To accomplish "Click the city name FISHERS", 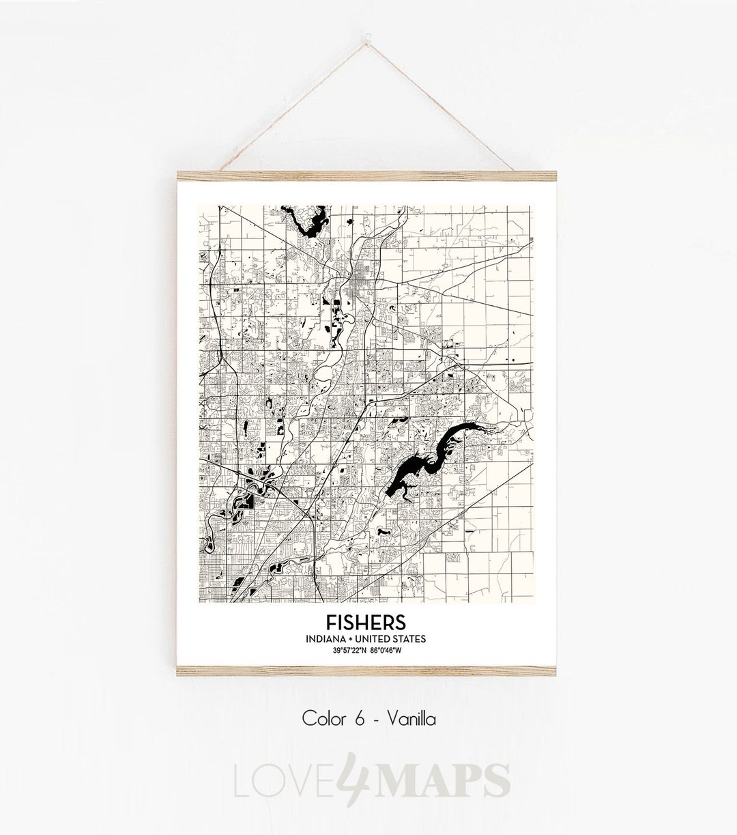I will click(x=366, y=623).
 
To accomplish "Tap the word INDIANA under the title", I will click(x=327, y=639).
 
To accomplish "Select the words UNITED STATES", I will click(x=392, y=639).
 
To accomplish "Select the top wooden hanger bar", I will click(x=368, y=175).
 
